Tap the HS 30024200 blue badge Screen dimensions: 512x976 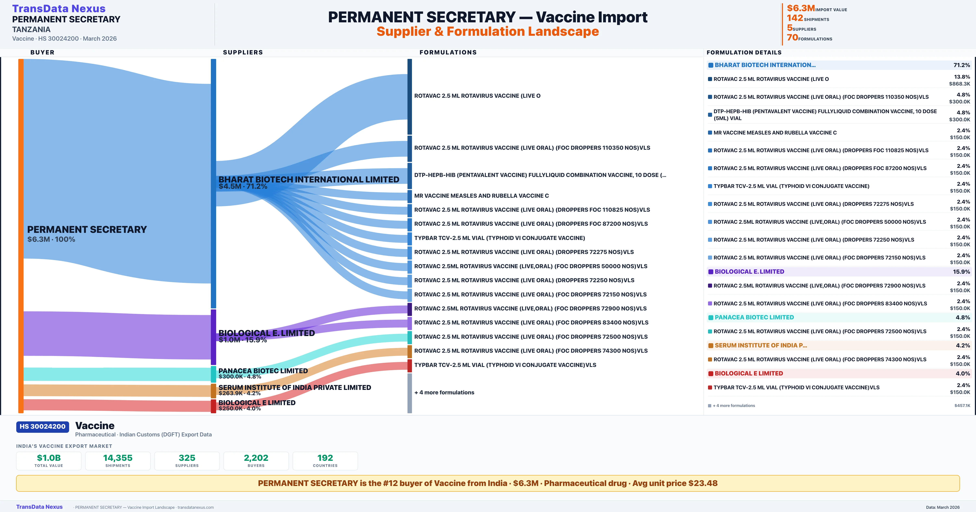pyautogui.click(x=42, y=426)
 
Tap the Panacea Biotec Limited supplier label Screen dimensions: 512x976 pyautogui.click(x=263, y=371)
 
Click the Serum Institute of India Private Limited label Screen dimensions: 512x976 pyautogui.click(x=294, y=387)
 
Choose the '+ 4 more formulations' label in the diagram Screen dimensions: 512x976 pyautogui.click(x=444, y=392)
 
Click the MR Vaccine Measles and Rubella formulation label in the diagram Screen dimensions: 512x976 pyautogui.click(x=481, y=196)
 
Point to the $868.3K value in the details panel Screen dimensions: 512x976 pyautogui.click(x=959, y=84)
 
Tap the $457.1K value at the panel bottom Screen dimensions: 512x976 pyautogui.click(x=962, y=406)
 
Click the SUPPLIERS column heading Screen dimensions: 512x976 pyautogui.click(x=243, y=52)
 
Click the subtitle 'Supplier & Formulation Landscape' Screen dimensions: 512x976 pyautogui.click(x=488, y=31)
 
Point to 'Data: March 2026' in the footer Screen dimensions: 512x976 pyautogui.click(x=943, y=507)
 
